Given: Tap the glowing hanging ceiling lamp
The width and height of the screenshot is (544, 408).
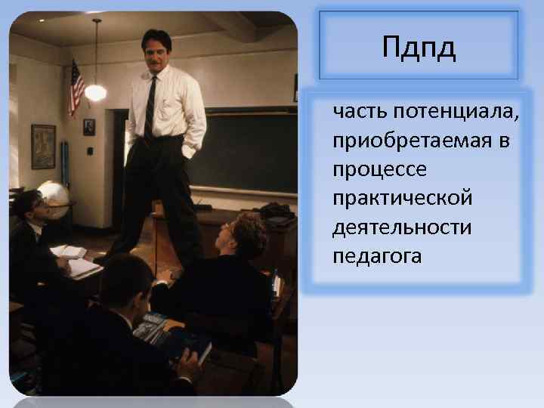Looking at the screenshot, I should (x=96, y=92).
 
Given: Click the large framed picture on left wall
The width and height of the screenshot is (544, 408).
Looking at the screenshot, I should (x=43, y=146).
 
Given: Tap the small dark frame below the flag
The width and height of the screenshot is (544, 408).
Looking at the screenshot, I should (x=89, y=127).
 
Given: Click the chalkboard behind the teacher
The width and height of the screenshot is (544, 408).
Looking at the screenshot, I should (x=242, y=151).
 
